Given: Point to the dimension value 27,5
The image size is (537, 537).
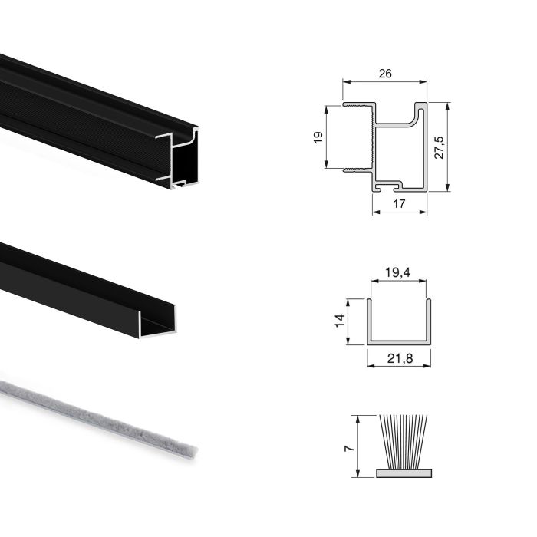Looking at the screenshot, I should click(438, 146).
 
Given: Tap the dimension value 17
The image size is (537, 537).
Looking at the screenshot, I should click(400, 203).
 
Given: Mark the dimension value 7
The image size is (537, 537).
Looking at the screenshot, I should click(350, 446).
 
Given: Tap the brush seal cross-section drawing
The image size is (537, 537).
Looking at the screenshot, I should click(403, 446).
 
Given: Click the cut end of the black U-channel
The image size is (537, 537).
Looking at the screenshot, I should click(158, 322).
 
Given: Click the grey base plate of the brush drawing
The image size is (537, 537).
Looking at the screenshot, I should click(403, 473).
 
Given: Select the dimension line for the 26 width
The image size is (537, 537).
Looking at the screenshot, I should click(384, 81).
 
